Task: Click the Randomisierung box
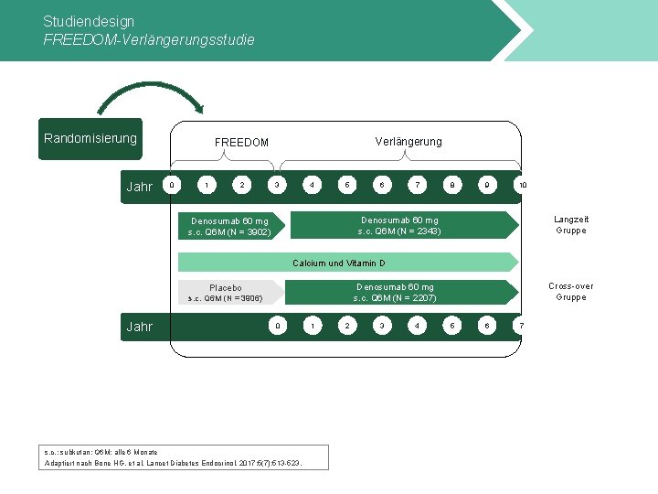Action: [x=90, y=139]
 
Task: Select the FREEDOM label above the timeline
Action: [x=241, y=143]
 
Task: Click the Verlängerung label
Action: [x=409, y=142]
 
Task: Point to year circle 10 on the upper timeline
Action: [x=522, y=186]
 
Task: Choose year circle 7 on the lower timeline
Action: [x=521, y=326]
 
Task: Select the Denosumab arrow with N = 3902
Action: [x=230, y=226]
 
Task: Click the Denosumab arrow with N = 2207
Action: [x=397, y=293]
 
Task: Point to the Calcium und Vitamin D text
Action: [x=339, y=263]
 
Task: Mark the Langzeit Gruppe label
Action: [x=571, y=225]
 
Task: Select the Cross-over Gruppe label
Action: [x=571, y=292]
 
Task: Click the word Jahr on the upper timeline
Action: [x=140, y=187]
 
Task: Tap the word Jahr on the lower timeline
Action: [x=140, y=327]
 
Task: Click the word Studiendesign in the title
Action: [x=89, y=21]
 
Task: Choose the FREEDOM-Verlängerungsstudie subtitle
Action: [x=149, y=40]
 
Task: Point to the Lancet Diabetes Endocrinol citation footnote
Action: [x=174, y=463]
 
